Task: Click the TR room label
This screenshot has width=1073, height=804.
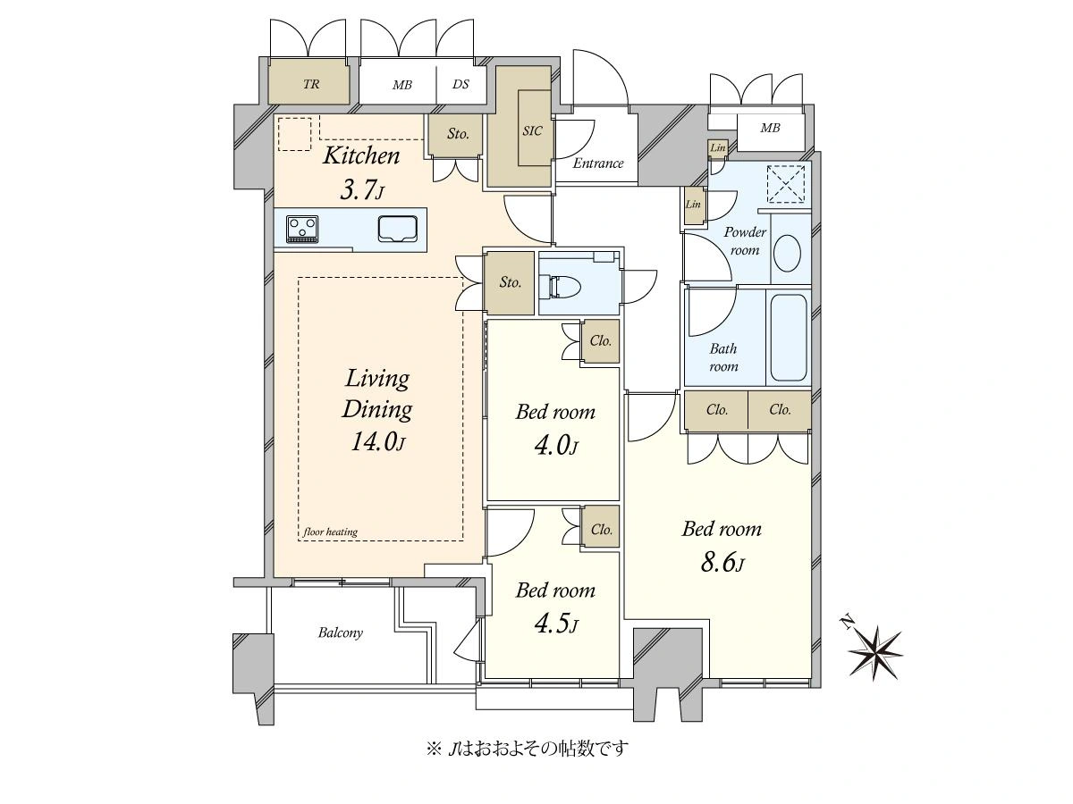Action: (311, 85)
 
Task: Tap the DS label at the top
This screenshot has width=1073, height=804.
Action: (460, 85)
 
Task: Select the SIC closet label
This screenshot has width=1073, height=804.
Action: (532, 130)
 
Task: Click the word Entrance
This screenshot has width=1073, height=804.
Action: (598, 163)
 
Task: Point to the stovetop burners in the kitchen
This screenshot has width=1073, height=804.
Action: (302, 229)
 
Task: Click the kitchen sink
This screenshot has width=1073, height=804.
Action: (398, 229)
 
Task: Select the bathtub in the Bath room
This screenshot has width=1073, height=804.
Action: (789, 338)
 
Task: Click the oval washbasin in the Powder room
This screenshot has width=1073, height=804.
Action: (788, 254)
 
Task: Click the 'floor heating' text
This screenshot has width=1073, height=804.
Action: (330, 532)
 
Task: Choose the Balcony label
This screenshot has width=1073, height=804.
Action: (341, 633)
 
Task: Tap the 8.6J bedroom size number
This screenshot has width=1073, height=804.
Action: (722, 564)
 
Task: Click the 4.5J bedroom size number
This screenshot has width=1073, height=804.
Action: (556, 624)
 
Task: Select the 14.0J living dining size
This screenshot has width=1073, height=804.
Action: (377, 442)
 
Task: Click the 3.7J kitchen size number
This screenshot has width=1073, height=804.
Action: (361, 190)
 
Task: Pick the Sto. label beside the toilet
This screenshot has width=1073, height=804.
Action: (510, 282)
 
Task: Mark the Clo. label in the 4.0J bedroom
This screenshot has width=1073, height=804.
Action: (601, 340)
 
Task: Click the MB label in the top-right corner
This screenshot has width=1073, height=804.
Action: (770, 128)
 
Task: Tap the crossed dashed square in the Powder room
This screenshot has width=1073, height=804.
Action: (786, 184)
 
